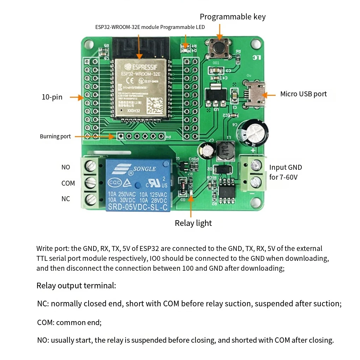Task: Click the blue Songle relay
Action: [139, 185]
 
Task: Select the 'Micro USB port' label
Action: [303, 94]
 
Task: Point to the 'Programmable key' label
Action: [233, 17]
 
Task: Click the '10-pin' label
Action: [52, 97]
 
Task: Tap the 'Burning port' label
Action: [55, 137]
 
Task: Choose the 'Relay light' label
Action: [193, 223]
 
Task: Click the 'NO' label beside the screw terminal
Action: [66, 167]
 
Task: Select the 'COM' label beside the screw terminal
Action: [68, 183]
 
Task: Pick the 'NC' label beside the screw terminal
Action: [66, 199]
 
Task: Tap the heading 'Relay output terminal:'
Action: [76, 286]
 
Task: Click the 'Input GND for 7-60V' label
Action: [285, 172]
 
